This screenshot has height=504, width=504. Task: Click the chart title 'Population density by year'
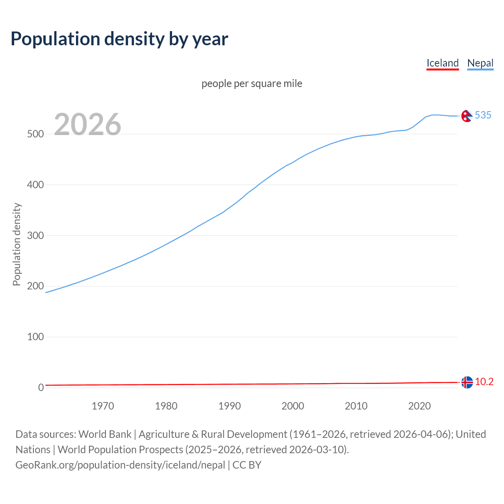click(x=119, y=39)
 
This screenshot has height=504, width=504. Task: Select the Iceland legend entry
click(x=443, y=63)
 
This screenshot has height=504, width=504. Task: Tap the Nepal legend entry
click(x=480, y=63)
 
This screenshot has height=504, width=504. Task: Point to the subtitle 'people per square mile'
click(x=252, y=83)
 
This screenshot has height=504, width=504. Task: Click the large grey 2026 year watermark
click(x=87, y=124)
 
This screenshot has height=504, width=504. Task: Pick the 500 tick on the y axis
click(x=35, y=134)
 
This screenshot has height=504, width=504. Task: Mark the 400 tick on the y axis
click(x=35, y=185)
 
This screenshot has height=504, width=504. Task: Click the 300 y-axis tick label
click(x=35, y=235)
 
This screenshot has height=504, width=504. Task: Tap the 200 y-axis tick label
click(x=35, y=286)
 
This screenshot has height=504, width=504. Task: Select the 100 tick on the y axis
click(x=35, y=337)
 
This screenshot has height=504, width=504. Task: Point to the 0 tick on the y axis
click(x=41, y=387)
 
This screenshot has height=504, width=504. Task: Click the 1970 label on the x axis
click(x=103, y=406)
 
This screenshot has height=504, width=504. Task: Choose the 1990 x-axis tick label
click(x=230, y=406)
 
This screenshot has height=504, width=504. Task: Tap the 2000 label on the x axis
click(x=293, y=406)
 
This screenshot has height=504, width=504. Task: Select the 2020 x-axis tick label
click(x=419, y=406)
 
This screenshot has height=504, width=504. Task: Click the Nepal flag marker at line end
click(x=467, y=116)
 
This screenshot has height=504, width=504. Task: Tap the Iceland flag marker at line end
click(x=467, y=382)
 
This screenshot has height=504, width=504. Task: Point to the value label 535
click(x=483, y=115)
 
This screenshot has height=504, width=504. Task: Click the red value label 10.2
click(x=484, y=382)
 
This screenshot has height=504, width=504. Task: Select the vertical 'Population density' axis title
click(x=17, y=244)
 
